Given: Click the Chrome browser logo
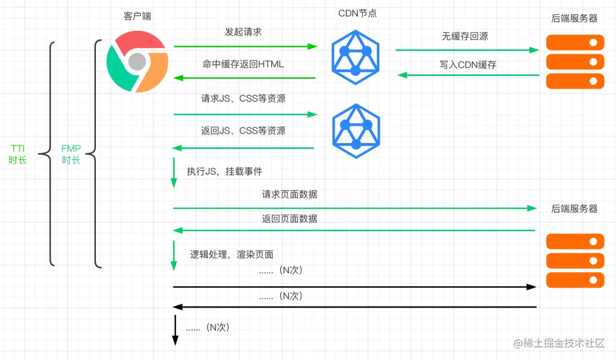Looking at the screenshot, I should click(137, 61).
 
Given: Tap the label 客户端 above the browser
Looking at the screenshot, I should click(137, 16).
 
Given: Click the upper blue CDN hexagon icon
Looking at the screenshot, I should click(355, 55).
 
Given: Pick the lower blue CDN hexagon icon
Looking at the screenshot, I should click(356, 131).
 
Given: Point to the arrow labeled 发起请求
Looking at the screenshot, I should click(245, 46).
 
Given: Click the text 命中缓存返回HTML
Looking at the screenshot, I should click(243, 64).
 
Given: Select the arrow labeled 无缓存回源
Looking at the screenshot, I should click(467, 50).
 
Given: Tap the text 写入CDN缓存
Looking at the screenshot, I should click(468, 65).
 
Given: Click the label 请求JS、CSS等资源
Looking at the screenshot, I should click(243, 99).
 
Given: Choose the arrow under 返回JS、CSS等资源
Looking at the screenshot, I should click(244, 148).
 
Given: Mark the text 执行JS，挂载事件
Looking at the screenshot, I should click(224, 171).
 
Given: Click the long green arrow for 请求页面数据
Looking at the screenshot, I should click(354, 208).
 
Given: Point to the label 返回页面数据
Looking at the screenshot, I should click(290, 219).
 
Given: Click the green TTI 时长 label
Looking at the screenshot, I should click(18, 154).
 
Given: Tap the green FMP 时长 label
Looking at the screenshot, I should click(71, 154).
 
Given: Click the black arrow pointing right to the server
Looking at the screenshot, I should click(354, 286).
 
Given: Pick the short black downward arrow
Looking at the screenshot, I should click(175, 333).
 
